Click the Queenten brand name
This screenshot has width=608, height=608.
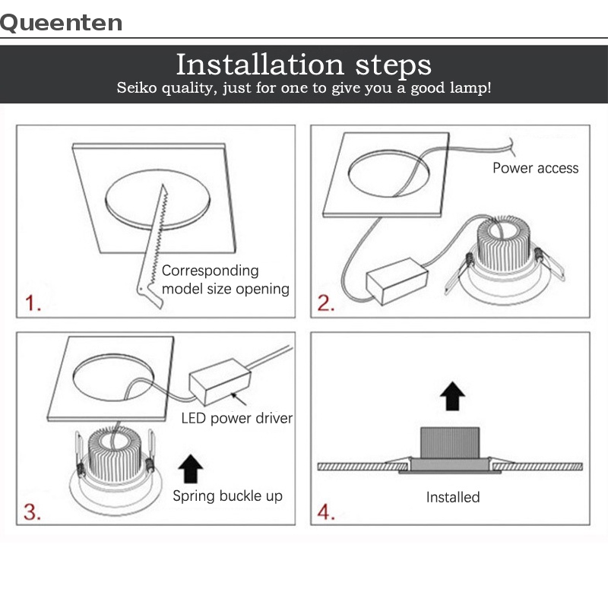[61, 23]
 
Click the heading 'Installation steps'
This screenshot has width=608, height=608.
[303, 65]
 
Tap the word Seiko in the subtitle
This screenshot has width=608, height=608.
[137, 87]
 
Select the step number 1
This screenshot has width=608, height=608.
[33, 302]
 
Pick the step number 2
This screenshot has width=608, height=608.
[326, 302]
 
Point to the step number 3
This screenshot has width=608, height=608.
[32, 511]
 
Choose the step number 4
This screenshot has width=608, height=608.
[326, 511]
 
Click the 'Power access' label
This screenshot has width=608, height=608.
[536, 168]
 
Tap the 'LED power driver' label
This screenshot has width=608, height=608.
[237, 419]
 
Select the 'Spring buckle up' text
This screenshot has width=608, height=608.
[227, 496]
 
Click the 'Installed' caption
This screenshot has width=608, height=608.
[453, 497]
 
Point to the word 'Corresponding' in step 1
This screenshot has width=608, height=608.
[211, 271]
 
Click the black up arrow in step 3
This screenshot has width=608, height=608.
[191, 468]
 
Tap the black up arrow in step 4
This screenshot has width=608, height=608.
[452, 396]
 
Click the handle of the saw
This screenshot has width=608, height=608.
[149, 293]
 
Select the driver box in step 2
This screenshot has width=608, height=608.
[397, 280]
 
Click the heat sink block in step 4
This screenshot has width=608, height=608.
[450, 443]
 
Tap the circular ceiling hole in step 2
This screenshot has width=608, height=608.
[388, 173]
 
